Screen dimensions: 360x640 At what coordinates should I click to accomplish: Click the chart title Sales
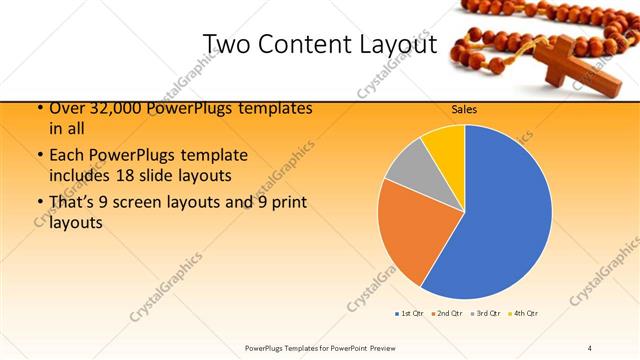463,108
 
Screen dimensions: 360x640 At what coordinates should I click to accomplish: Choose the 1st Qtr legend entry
408,314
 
